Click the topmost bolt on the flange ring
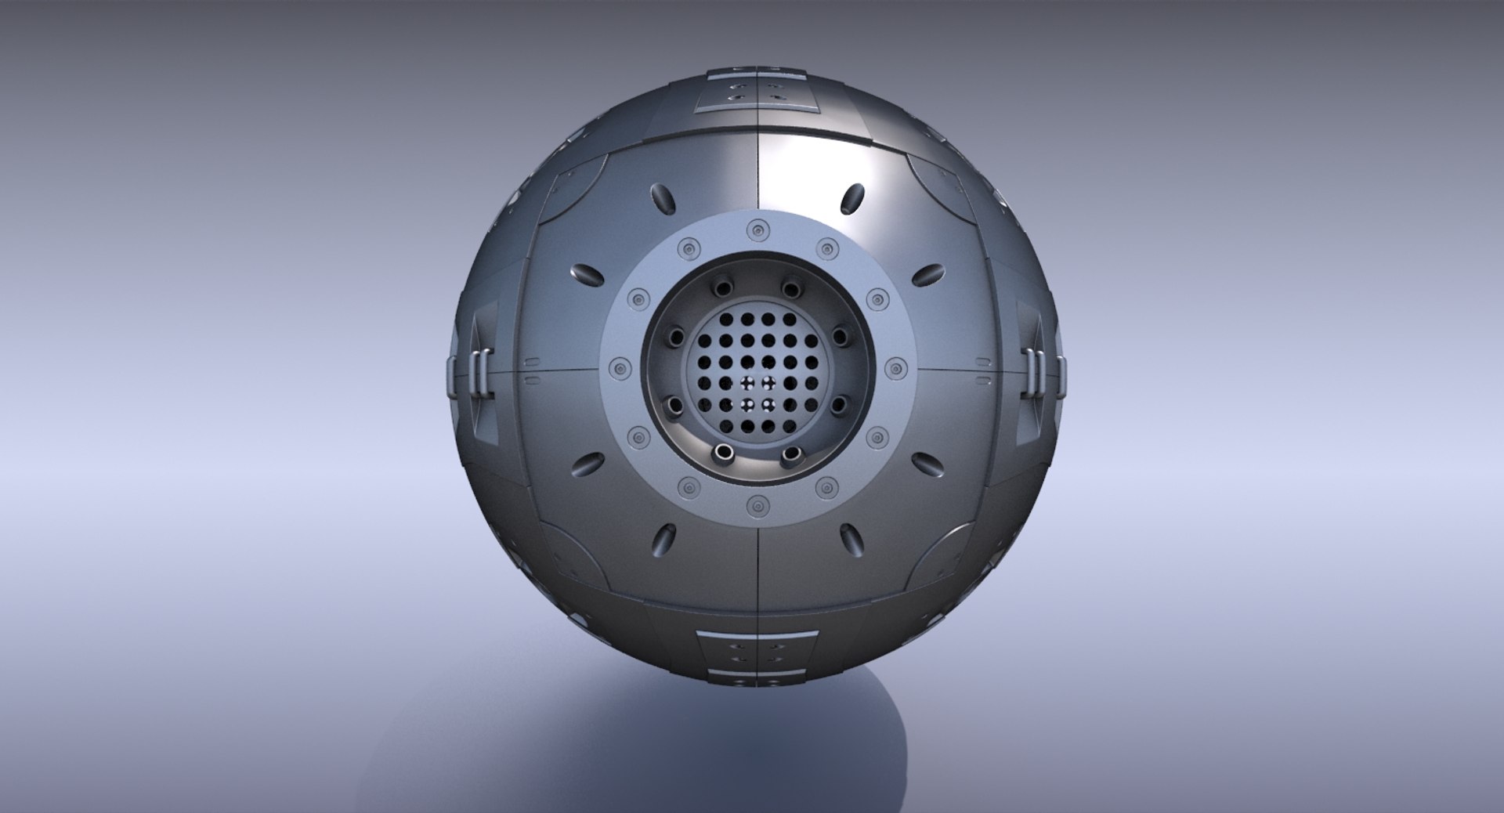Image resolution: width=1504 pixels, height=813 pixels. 755,229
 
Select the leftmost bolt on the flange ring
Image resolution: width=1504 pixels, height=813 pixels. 618,366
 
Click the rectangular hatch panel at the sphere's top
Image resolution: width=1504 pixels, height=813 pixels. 755,90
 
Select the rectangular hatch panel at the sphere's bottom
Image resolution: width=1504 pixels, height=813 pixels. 755,650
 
